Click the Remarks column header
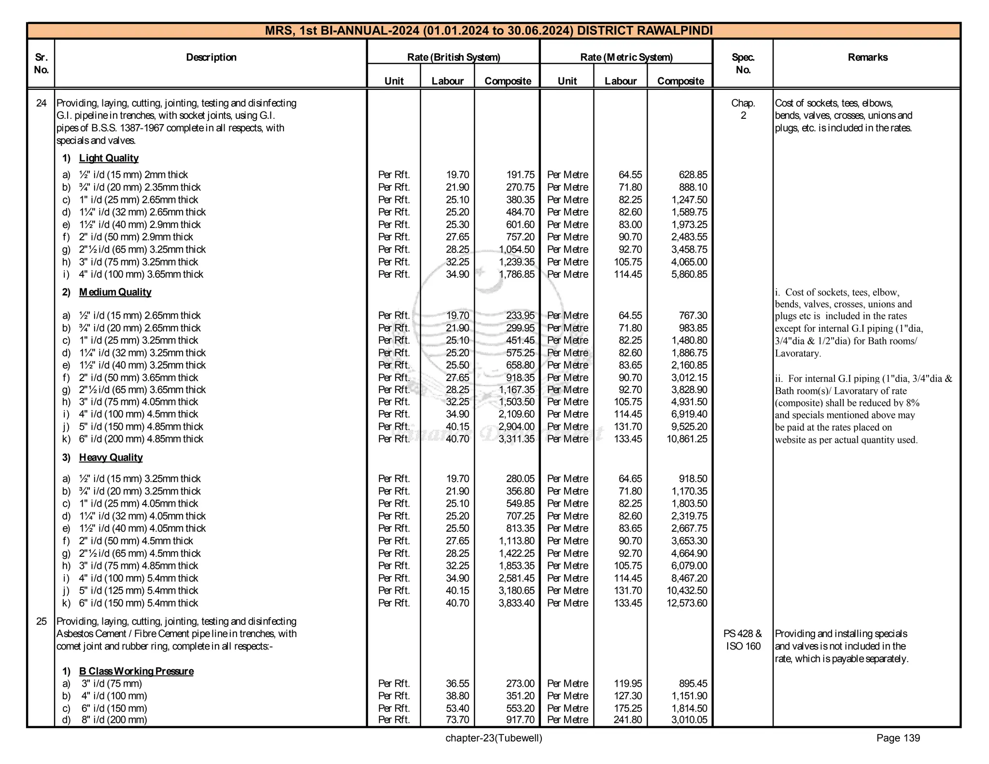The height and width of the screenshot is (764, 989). pos(867,57)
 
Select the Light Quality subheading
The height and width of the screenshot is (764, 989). pos(109,158)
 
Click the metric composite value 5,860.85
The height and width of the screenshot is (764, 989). pos(689,274)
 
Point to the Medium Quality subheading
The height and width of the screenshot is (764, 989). pos(115,292)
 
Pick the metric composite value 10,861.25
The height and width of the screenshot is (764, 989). pos(686,439)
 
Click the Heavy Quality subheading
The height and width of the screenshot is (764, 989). pos(111,457)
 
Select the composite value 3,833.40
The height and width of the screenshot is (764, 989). pos(516,603)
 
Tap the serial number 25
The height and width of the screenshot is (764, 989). pos(42,622)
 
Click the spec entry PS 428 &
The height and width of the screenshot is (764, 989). pos(742,634)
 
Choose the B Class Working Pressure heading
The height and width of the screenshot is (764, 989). pos(136,671)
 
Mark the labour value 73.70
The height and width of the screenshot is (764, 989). pos(457,720)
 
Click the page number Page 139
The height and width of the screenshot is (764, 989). pos(898,738)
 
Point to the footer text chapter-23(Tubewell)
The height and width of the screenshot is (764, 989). pos(494,738)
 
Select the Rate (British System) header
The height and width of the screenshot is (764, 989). pos(453,57)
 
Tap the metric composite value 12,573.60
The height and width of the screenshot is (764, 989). pos(686,603)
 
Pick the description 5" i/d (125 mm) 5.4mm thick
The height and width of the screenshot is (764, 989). pos(138,591)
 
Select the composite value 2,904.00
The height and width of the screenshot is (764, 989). pos(516,427)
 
